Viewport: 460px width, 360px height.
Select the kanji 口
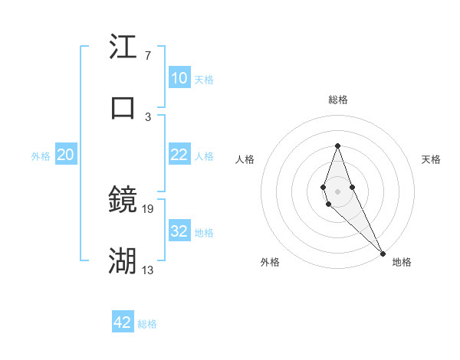click(123, 106)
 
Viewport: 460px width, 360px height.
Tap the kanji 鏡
click(123, 200)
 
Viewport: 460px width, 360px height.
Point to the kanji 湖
click(123, 260)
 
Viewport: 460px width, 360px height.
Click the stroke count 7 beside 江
click(147, 56)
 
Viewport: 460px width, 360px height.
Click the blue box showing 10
click(179, 78)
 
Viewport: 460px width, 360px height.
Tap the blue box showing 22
click(179, 155)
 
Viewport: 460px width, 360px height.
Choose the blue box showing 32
click(179, 231)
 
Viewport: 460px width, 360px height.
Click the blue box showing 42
click(123, 322)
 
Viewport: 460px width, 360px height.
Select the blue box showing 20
click(65, 155)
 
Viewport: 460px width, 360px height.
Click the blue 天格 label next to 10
click(204, 80)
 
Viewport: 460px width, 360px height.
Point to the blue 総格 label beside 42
click(147, 324)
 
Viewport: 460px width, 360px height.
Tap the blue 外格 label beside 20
click(41, 156)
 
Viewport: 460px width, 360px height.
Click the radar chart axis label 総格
click(338, 100)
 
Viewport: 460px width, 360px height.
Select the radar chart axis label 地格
click(402, 262)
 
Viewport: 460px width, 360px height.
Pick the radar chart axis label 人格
click(245, 159)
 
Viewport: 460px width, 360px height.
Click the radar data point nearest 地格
click(383, 253)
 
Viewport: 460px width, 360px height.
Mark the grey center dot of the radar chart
click(337, 191)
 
